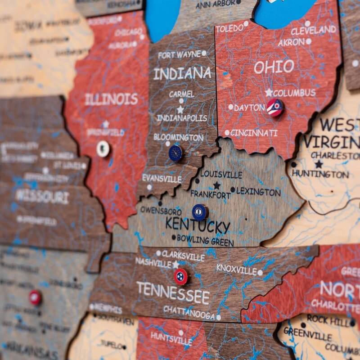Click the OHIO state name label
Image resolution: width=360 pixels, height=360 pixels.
(274, 67)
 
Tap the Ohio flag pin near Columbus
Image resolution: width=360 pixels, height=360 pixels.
(274, 108)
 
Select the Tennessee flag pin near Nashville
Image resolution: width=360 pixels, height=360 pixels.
(181, 277)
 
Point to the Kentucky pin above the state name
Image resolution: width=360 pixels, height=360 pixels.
(200, 212)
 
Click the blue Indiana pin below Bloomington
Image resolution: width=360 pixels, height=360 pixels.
(176, 153)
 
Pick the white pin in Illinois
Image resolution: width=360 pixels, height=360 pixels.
(103, 148)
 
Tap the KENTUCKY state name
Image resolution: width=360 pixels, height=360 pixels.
(198, 225)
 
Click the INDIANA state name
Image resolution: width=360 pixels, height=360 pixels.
(182, 73)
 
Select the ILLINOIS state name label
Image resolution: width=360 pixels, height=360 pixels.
(111, 99)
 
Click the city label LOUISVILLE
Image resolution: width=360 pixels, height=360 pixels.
(221, 175)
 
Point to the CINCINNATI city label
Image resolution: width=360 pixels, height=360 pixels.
(254, 133)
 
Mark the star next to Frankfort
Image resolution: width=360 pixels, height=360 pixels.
(216, 185)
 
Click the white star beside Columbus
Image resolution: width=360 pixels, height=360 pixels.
(269, 92)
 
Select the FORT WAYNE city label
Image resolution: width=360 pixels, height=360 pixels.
(179, 55)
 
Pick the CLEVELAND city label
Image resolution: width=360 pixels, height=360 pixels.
(313, 31)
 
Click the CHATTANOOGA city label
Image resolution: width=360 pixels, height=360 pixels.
(189, 312)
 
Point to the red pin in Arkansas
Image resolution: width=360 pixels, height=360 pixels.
(35, 297)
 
